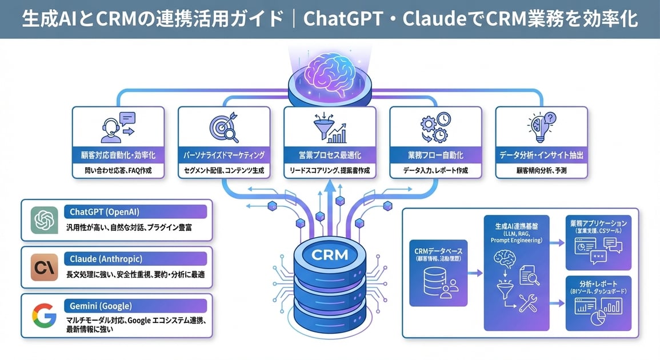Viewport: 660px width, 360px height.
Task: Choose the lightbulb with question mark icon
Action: coord(541,127)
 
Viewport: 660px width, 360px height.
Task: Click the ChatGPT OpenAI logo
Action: coord(45,221)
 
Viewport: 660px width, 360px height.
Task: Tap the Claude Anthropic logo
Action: coord(45,267)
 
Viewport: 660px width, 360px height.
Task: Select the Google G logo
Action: coord(44,315)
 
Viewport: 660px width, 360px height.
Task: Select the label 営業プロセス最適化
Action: coord(330,155)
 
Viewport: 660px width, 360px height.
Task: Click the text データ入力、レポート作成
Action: coord(435,171)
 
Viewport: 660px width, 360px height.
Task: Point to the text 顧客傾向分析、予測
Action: coord(541,171)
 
